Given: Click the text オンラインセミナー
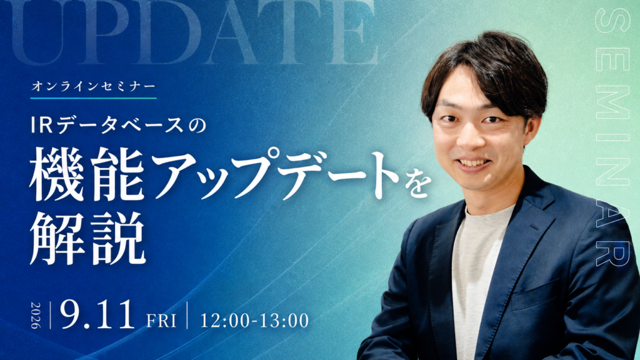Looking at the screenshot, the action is (x=94, y=86).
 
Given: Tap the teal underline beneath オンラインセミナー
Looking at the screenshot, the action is (x=94, y=98).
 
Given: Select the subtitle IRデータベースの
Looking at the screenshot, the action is (x=118, y=126).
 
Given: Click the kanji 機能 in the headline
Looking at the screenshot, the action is (x=87, y=174).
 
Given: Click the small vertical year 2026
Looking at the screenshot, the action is (x=36, y=316).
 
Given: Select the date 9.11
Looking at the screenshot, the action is (x=97, y=315).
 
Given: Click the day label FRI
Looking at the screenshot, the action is (x=161, y=321).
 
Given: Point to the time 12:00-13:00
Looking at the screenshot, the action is (x=254, y=321).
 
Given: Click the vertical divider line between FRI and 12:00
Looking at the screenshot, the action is (x=187, y=315).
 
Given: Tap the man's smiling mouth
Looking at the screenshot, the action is (x=474, y=163).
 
